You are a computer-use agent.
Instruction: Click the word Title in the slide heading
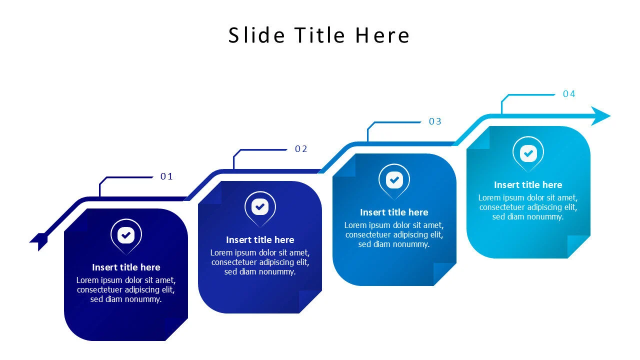(x=319, y=35)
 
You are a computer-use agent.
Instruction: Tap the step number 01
(x=166, y=176)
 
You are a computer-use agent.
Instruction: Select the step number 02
(x=301, y=149)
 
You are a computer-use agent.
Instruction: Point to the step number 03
(x=435, y=121)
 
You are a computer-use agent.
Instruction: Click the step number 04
(x=569, y=93)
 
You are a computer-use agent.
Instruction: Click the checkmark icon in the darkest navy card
(x=126, y=235)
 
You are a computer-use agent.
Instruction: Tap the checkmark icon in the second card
(x=260, y=206)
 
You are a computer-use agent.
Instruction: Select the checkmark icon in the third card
(x=394, y=179)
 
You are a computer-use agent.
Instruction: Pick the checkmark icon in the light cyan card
(x=528, y=153)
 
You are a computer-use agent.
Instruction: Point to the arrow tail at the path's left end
(x=39, y=241)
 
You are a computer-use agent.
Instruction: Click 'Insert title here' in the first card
(x=126, y=267)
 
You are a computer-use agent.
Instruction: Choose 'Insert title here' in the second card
(x=260, y=240)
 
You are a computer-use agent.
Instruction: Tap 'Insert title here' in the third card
(x=394, y=212)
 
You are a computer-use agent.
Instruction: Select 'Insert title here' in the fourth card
(x=528, y=185)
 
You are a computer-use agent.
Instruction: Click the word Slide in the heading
(x=256, y=35)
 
